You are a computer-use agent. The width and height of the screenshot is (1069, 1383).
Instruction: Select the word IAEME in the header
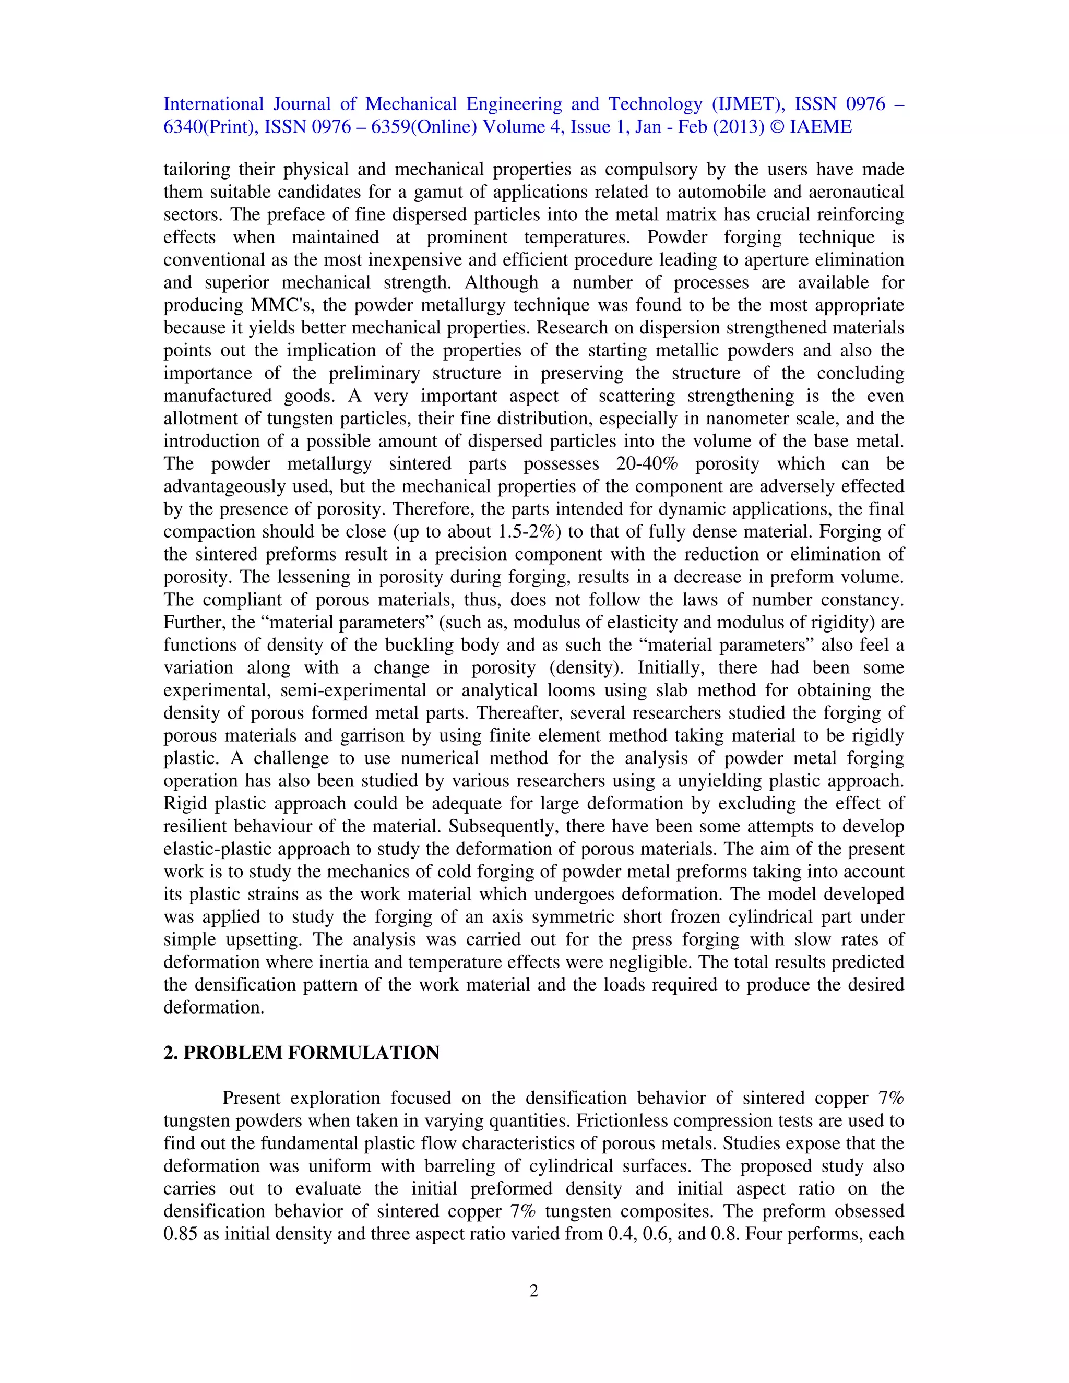[820, 127]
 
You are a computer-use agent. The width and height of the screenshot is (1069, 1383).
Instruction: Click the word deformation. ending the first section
[213, 1007]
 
